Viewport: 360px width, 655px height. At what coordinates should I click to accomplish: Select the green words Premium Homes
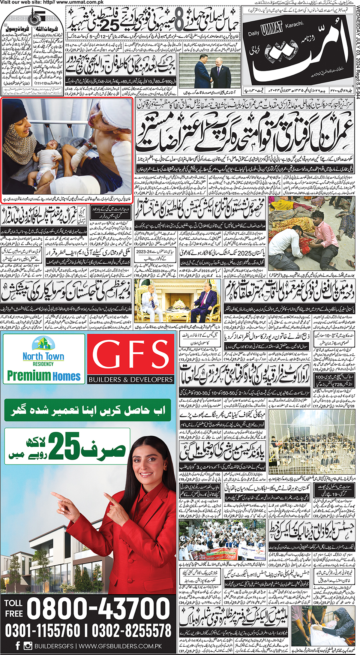[44, 376]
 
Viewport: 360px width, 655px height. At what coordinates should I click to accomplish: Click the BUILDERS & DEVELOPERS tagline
[130, 379]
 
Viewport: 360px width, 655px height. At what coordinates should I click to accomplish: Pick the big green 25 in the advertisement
[64, 445]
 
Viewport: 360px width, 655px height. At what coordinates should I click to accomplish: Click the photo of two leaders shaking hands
[210, 74]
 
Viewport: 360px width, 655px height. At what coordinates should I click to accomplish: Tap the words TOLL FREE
[13, 608]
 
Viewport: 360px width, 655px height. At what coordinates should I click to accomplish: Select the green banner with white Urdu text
[88, 411]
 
